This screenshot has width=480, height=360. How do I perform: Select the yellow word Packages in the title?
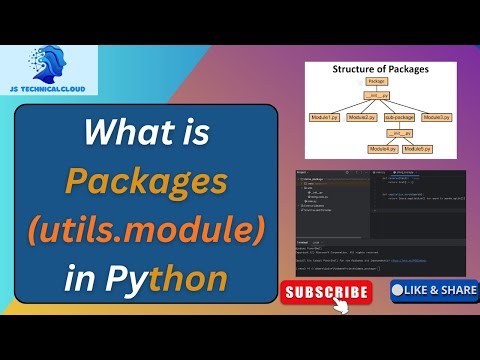coord(146,182)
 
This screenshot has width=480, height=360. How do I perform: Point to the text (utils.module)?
coord(146,230)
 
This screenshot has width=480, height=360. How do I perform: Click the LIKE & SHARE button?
coord(432,290)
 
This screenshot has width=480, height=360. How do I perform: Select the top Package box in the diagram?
coord(376,81)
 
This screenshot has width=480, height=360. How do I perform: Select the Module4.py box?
coord(383,149)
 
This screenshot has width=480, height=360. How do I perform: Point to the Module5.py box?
coord(418,149)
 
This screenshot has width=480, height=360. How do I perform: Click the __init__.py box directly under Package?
coord(378,95)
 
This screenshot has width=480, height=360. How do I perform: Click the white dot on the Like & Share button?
coord(397,290)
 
